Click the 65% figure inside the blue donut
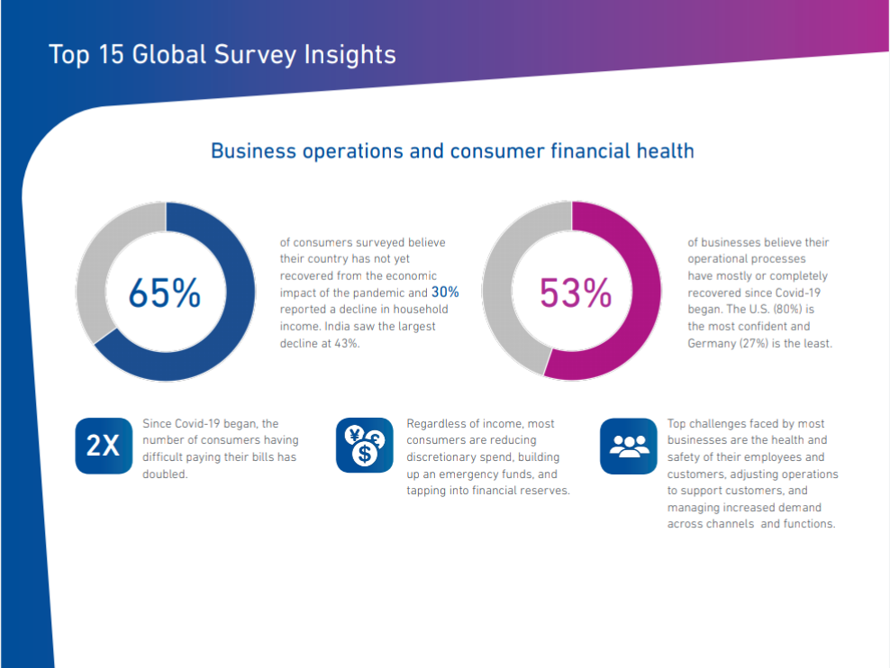pyautogui.click(x=165, y=293)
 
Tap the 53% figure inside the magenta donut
pyautogui.click(x=576, y=293)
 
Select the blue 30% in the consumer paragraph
pyautogui.click(x=445, y=292)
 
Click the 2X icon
pyautogui.click(x=104, y=446)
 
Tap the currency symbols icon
pyautogui.click(x=365, y=446)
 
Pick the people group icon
pyautogui.click(x=629, y=446)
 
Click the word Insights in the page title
pyautogui.click(x=350, y=55)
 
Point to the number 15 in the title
pyautogui.click(x=112, y=54)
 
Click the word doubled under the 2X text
pyautogui.click(x=165, y=474)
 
